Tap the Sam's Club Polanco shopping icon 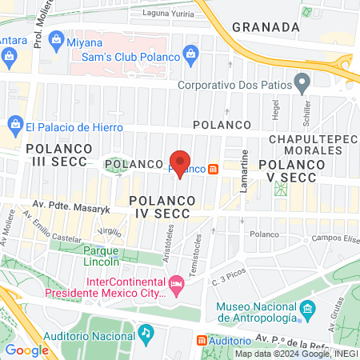click(190, 54)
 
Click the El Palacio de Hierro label click(73, 126)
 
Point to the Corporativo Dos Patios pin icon click(302, 82)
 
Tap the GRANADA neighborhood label click(265, 26)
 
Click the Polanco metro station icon click(214, 169)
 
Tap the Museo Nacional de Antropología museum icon click(306, 309)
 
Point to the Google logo click(27, 350)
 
